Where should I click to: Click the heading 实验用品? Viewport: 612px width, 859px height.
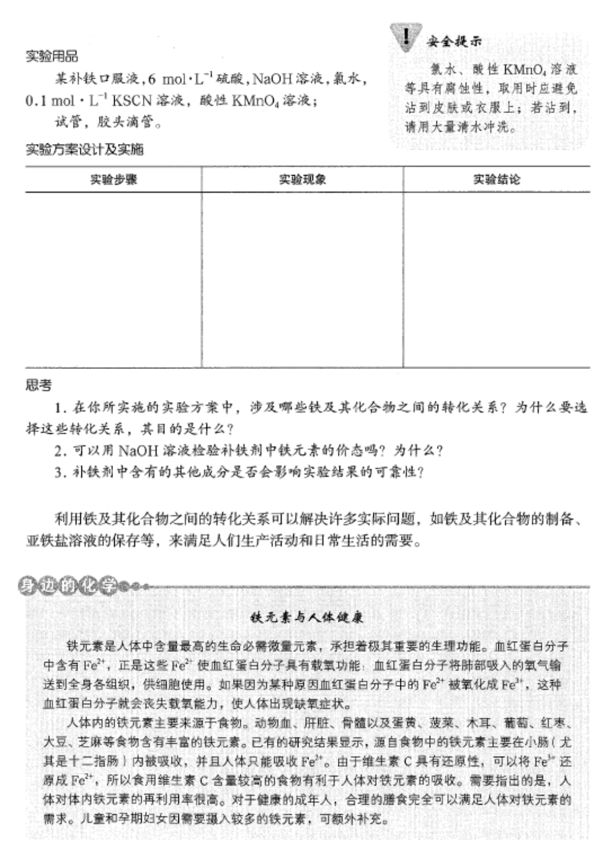tap(52, 56)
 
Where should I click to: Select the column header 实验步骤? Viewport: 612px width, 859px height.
tap(114, 180)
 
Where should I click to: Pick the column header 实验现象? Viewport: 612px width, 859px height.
tap(302, 180)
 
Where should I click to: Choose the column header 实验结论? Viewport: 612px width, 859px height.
tap(497, 180)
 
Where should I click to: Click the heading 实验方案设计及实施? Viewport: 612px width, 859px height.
tap(84, 150)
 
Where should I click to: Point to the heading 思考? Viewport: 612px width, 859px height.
tap(38, 385)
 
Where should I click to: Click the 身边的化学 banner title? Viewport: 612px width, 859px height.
tap(68, 586)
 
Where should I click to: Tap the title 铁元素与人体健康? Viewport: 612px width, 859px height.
tap(307, 617)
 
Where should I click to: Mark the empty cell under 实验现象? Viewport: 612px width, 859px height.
tap(302, 279)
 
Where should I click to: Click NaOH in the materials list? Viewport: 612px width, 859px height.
tap(272, 79)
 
